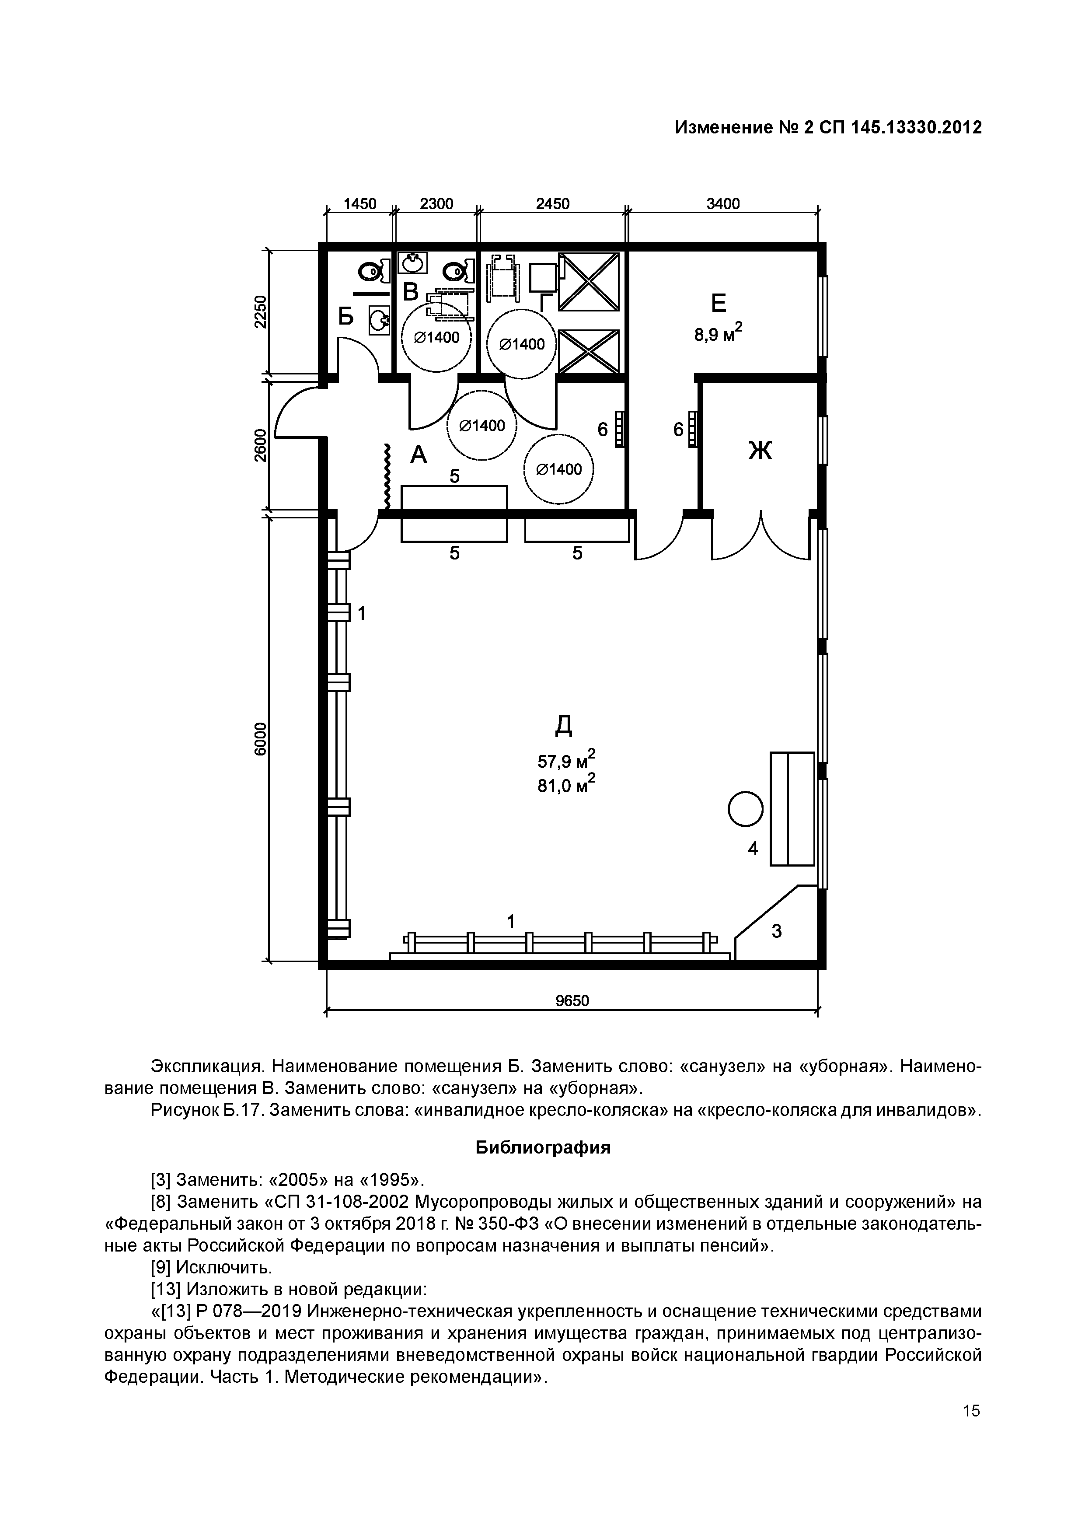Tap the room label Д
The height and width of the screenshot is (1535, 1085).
point(564,724)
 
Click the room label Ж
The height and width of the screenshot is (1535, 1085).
point(760,450)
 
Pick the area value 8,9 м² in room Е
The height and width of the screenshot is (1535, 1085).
point(718,333)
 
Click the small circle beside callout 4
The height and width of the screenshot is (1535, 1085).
point(745,809)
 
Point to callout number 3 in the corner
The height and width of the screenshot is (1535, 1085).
point(776,930)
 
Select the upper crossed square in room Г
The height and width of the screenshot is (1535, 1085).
point(589,281)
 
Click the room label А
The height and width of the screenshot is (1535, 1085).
point(418,455)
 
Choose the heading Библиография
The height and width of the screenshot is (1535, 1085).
point(543,1148)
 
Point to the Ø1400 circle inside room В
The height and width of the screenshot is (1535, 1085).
point(436,337)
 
